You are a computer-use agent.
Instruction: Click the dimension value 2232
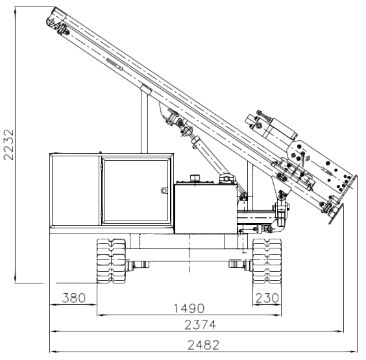click(8, 145)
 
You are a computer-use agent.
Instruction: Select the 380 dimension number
click(74, 298)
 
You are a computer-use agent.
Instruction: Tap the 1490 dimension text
click(189, 309)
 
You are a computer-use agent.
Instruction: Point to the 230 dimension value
click(267, 298)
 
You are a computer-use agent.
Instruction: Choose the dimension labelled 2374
click(201, 325)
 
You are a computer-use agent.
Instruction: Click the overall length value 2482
click(204, 345)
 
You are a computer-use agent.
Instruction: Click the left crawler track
click(112, 261)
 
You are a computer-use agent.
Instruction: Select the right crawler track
click(267, 261)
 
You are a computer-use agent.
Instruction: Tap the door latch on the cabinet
click(164, 191)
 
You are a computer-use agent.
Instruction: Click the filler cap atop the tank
click(195, 178)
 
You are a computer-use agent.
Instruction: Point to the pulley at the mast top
click(51, 23)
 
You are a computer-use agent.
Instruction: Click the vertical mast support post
click(144, 121)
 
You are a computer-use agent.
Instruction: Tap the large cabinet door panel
click(136, 191)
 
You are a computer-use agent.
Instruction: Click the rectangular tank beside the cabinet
click(206, 208)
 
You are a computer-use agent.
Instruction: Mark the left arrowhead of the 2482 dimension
click(53, 351)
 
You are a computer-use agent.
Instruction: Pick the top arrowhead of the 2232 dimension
click(16, 10)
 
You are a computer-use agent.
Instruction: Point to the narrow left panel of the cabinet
click(75, 191)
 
